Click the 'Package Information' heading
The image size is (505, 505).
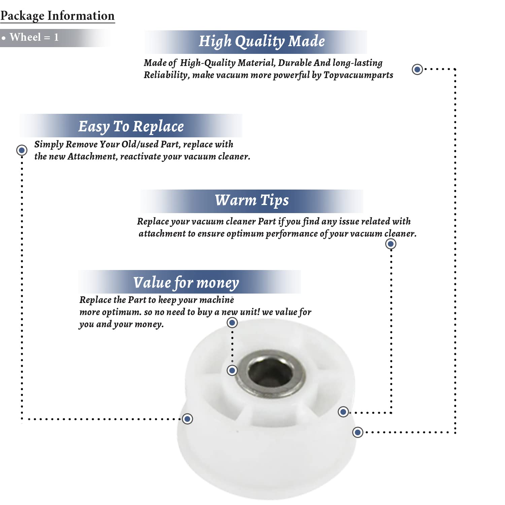58,16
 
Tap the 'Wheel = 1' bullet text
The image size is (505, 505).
34,37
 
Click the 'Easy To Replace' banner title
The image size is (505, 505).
131,127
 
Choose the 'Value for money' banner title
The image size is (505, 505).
186,283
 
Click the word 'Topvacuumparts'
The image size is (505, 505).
358,75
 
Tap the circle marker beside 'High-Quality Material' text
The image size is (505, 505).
417,69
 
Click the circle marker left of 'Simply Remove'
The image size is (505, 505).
22,150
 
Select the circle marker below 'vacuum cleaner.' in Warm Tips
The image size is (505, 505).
391,244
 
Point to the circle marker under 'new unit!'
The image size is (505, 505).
232,323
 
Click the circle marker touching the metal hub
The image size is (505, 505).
232,371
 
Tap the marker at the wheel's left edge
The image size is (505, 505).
188,419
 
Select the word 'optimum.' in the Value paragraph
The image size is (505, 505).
122,312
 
